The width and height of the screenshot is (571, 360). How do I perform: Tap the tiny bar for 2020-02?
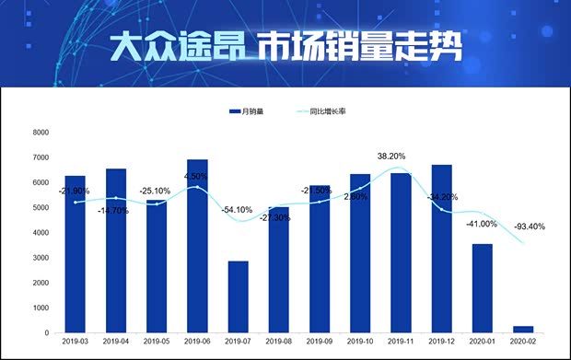523,329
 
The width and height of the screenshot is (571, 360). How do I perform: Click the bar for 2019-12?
442,249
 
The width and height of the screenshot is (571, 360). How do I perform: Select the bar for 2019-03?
75,253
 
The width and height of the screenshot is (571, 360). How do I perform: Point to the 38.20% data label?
392,156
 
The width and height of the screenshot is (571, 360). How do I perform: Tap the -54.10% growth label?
238,209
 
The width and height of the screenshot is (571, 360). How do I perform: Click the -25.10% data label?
157,191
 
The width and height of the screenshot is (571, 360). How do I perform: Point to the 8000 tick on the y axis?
41,133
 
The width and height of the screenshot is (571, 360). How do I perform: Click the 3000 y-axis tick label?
41,258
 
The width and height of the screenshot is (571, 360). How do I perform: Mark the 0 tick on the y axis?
46,332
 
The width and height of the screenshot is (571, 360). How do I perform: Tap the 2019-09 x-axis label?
319,342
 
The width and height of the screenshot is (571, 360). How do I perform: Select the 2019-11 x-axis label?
401,342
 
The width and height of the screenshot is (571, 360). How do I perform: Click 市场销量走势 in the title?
358,45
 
